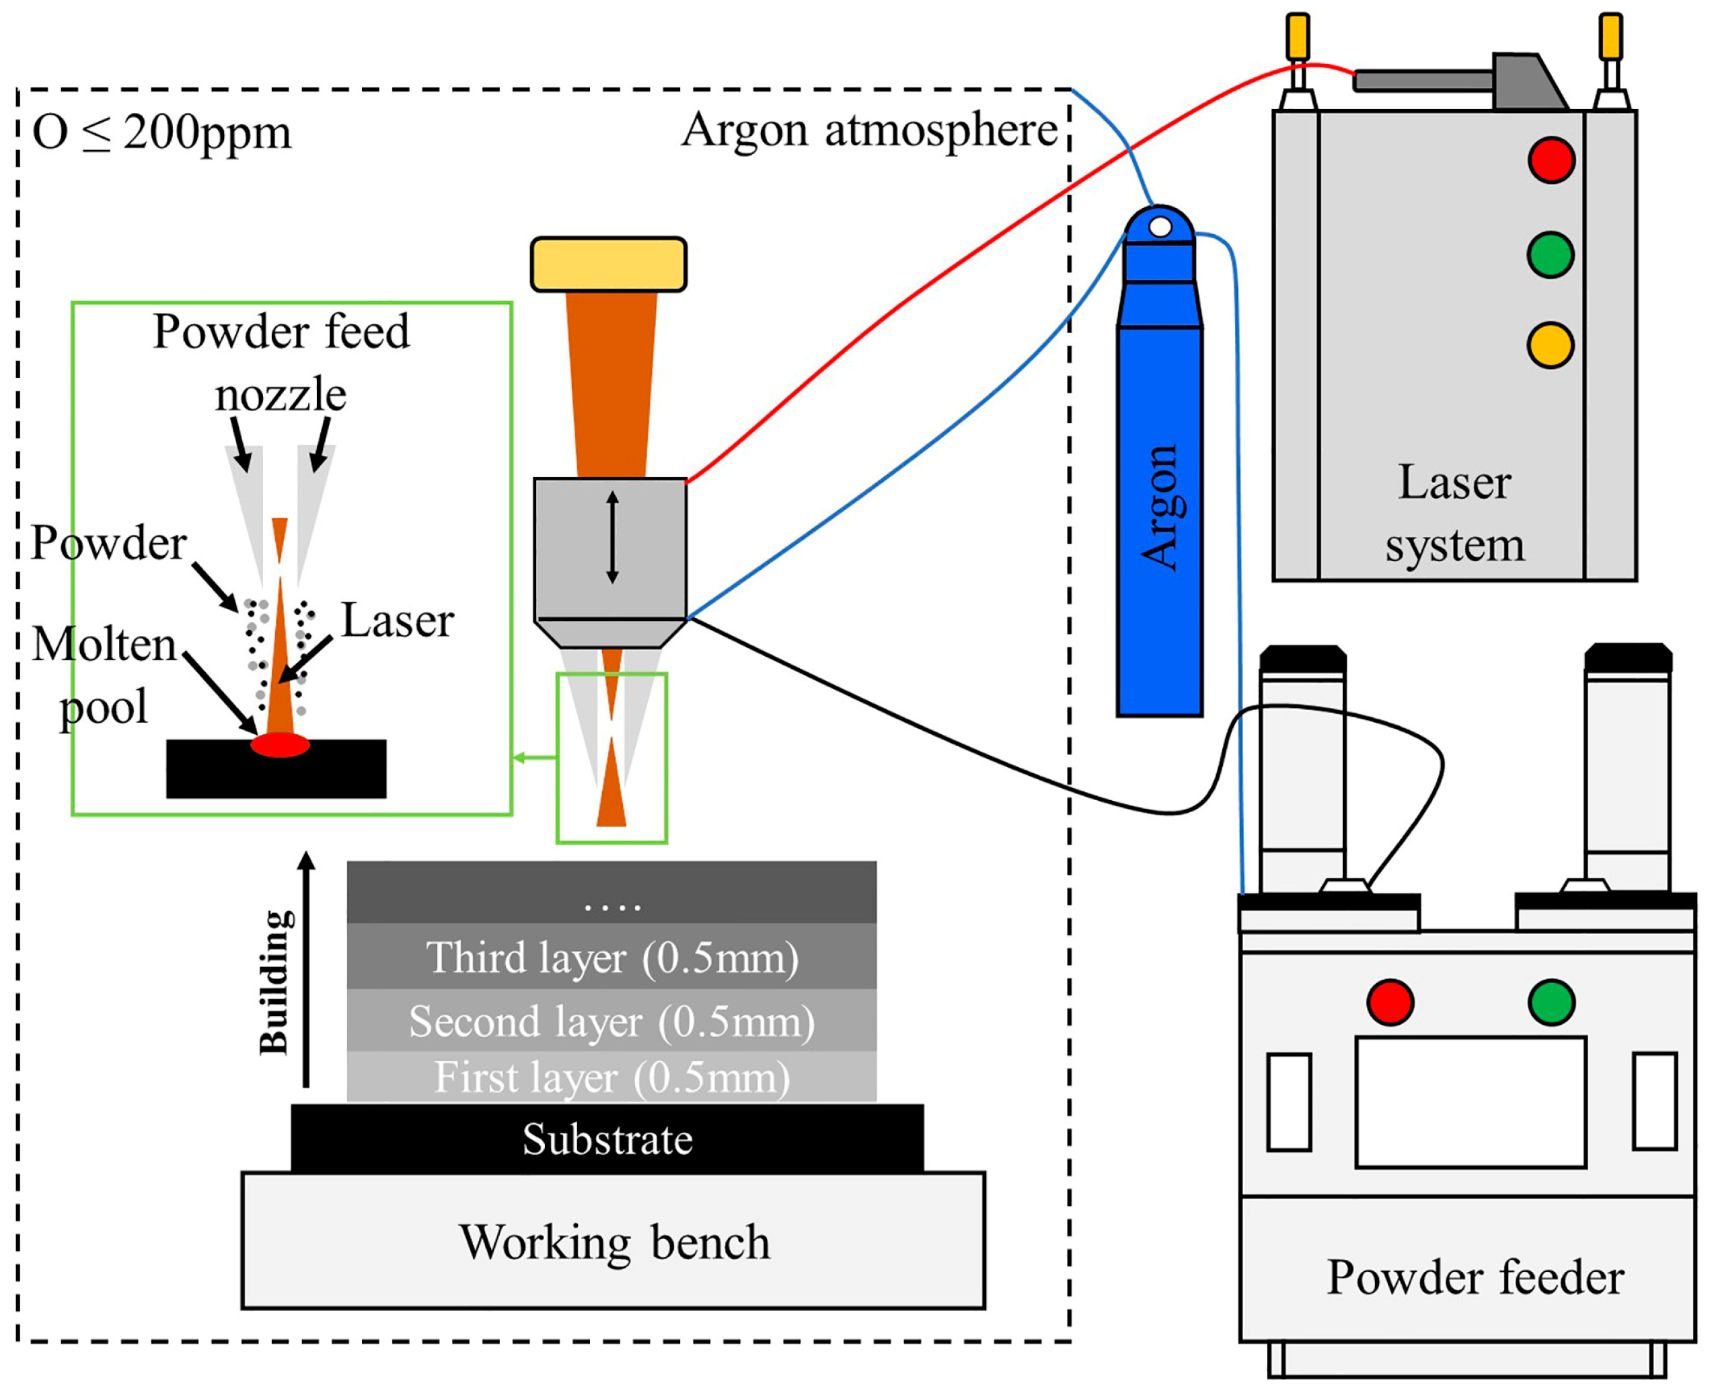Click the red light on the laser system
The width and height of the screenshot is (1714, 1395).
pos(1551,160)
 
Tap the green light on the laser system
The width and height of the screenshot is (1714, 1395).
pos(1550,255)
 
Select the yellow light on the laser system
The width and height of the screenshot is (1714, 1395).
pos(1550,345)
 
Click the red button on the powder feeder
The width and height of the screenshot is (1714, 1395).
pos(1390,1002)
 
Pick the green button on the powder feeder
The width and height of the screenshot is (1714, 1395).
pos(1552,1002)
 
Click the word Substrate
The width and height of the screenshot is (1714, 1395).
pos(607,1139)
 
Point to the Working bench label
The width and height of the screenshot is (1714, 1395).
pos(614,1242)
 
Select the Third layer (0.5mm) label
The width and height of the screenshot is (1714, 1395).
pos(612,958)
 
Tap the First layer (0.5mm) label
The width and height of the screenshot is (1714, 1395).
pos(612,1077)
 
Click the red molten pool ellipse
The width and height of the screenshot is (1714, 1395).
pos(280,745)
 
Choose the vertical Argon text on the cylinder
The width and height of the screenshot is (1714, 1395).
pos(1160,508)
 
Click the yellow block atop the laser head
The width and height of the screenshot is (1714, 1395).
pos(609,264)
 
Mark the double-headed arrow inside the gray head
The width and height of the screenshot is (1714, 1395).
pos(612,538)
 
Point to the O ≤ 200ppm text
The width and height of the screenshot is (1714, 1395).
pos(161,133)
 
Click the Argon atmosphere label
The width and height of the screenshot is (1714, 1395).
pos(869,130)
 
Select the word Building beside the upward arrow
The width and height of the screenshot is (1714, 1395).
pos(274,982)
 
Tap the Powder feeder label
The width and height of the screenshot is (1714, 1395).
pos(1475,1278)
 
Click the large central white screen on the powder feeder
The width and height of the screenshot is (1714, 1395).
pos(1470,1102)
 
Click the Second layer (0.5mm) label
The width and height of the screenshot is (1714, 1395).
pos(612,1022)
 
